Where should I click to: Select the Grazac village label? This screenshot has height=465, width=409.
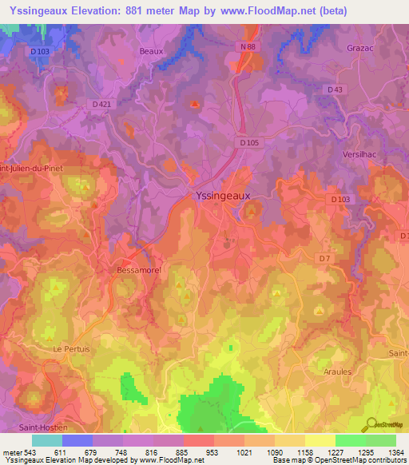pyautogui.click(x=359, y=47)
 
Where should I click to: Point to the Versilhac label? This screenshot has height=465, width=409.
pyautogui.click(x=363, y=154)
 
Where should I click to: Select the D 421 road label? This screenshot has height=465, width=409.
pyautogui.click(x=101, y=104)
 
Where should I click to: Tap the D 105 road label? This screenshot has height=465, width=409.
pyautogui.click(x=250, y=143)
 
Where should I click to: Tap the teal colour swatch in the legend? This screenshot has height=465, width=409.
pyautogui.click(x=46, y=440)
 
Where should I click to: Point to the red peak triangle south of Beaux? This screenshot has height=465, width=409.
pyautogui.click(x=195, y=103)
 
